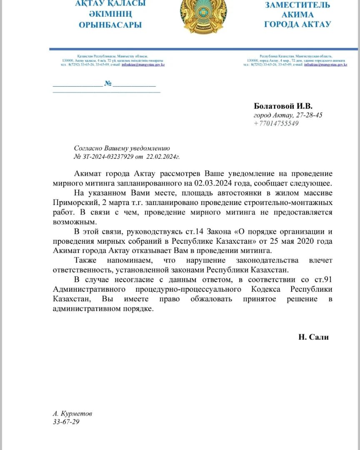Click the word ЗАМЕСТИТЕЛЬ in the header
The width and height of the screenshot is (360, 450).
(x=297, y=5)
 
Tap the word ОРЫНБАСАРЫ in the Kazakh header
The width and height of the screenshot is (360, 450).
(x=110, y=25)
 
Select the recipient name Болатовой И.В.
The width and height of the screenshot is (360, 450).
(x=283, y=106)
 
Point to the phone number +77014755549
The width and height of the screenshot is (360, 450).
(x=276, y=123)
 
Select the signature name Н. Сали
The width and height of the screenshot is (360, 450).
(x=313, y=337)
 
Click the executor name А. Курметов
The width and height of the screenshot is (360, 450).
(x=72, y=414)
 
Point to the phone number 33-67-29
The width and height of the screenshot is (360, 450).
(x=66, y=422)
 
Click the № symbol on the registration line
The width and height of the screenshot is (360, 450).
(x=108, y=84)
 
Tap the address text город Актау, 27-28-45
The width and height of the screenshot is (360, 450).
(x=288, y=115)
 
